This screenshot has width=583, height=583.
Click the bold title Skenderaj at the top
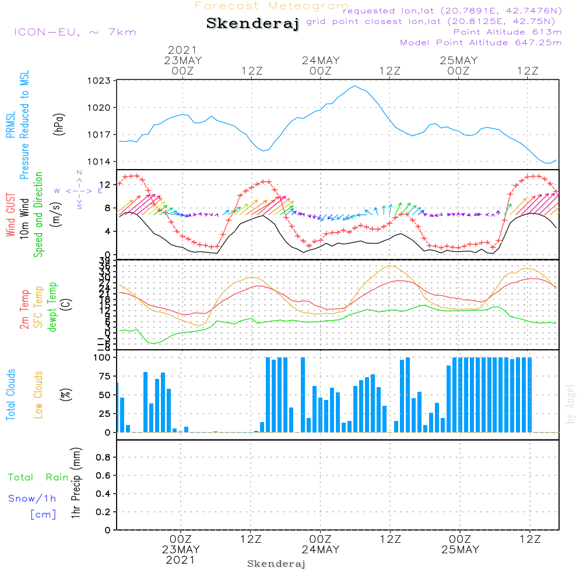[x=252, y=24]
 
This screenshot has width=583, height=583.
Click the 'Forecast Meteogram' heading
[x=272, y=6]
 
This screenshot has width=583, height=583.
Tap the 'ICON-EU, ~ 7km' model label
[x=75, y=31]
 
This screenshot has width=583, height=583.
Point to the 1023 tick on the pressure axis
[x=99, y=80]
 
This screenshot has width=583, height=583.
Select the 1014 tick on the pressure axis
[x=99, y=161]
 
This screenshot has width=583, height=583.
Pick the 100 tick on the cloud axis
[x=103, y=357]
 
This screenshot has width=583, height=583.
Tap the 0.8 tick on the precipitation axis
[x=103, y=458]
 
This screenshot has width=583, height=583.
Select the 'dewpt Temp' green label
[x=52, y=307]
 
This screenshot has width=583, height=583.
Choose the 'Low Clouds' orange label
[x=39, y=395]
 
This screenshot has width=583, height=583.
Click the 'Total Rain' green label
[x=38, y=477]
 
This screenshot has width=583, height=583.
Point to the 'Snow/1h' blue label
[x=33, y=498]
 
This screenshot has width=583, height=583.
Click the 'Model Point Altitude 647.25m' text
[x=480, y=42]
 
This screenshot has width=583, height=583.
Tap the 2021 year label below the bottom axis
[x=181, y=560]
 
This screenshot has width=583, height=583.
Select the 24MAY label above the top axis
[x=321, y=61]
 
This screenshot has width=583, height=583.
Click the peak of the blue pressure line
[x=355, y=86]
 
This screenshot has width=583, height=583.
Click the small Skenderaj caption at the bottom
[x=276, y=564]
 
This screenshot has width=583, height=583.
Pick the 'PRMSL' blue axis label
[x=10, y=126]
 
